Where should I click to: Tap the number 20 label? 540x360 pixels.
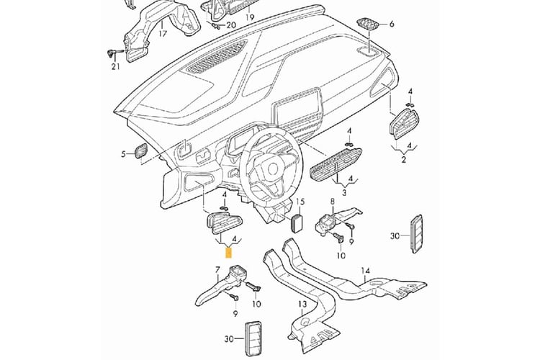(x=230, y=26)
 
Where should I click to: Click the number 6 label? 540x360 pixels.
(x=392, y=24)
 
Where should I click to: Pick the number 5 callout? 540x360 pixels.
(x=124, y=153)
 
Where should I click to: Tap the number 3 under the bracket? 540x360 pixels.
(x=344, y=193)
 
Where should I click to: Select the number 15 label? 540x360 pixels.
(x=300, y=203)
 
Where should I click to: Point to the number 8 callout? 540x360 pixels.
(x=333, y=202)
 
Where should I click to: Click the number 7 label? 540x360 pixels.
(x=217, y=269)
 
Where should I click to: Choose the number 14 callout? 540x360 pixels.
(x=366, y=271)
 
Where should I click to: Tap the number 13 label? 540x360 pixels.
(x=303, y=305)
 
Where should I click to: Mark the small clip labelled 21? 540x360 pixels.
(x=112, y=52)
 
